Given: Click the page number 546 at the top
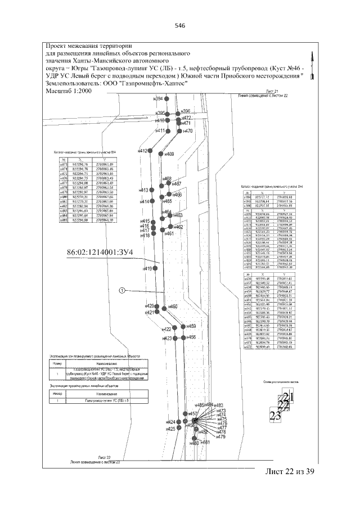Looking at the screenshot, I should click(180, 26).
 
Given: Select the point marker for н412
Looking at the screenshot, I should click(150, 151).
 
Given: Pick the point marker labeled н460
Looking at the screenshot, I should click(165, 307).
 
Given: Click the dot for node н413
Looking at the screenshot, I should click(150, 190).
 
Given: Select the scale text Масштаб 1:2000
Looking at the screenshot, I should click(67, 90).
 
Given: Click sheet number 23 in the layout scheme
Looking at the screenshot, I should click(275, 416).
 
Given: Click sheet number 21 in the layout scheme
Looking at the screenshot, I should click(289, 399).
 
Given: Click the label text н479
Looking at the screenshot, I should click(221, 436).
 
